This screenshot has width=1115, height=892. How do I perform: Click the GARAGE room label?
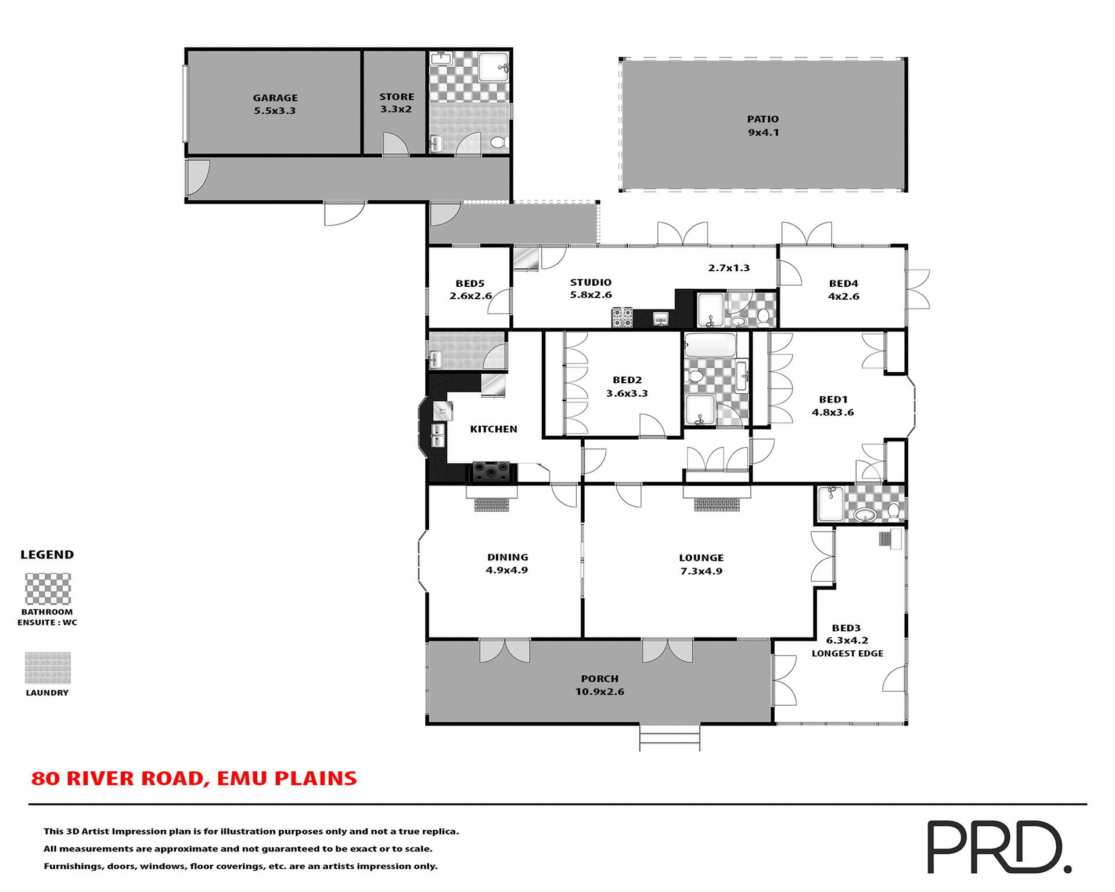275,98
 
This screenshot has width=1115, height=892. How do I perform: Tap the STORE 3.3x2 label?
397,103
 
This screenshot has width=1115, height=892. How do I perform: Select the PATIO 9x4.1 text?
763,125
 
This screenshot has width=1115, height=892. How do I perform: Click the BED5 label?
470,284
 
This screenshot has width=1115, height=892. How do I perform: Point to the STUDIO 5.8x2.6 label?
591,289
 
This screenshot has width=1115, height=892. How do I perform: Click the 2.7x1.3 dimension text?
729,268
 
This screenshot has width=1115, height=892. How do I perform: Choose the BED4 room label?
843,284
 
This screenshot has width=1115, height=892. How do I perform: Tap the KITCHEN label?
493,429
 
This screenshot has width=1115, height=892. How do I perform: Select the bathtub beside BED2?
710,346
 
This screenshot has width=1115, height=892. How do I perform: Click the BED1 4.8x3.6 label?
833,406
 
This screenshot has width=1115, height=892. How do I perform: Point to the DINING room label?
508,557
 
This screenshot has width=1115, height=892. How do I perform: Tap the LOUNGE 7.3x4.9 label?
701,564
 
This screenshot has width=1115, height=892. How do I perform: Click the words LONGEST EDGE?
847,654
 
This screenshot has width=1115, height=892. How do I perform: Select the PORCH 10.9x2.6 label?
599,685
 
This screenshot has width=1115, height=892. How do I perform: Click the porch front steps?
670,738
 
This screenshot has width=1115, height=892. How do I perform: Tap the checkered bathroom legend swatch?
48,589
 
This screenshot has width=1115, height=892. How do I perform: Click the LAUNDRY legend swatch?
48,668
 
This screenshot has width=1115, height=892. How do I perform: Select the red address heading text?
194,779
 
